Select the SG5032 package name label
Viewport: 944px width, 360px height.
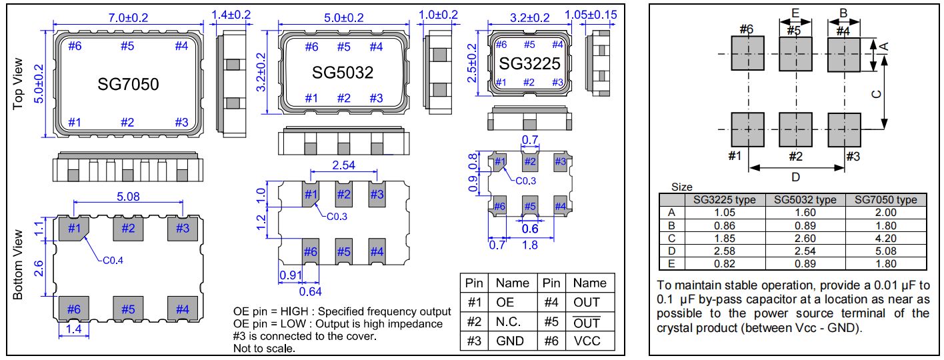343,71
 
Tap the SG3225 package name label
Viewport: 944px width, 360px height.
530,63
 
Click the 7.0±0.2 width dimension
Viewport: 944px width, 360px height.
127,14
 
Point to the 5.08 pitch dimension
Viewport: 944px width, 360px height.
127,197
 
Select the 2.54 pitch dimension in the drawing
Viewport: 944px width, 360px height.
343,165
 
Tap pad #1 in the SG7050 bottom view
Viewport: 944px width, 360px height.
74,229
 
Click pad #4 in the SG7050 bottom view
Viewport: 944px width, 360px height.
182,309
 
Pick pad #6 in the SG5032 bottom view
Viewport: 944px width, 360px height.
311,251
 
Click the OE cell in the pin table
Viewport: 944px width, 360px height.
505,302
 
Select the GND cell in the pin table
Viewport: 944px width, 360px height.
505,341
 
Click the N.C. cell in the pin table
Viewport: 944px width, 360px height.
505,321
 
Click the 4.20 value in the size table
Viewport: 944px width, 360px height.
884,237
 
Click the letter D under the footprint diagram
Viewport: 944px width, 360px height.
795,177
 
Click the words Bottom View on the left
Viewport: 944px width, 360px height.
19,265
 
